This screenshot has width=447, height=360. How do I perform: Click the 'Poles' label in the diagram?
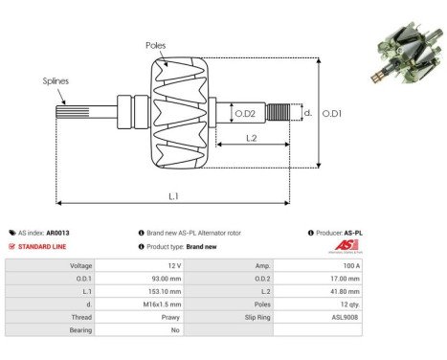click(x=156, y=45)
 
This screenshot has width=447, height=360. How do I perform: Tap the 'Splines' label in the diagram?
click(x=56, y=82)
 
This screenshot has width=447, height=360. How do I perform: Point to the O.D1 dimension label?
click(x=331, y=114)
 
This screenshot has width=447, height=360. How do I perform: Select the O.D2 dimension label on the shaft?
click(x=246, y=114)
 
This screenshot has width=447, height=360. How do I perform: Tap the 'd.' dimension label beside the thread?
click(x=307, y=113)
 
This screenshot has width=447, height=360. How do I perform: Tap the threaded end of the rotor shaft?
click(x=279, y=114)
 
